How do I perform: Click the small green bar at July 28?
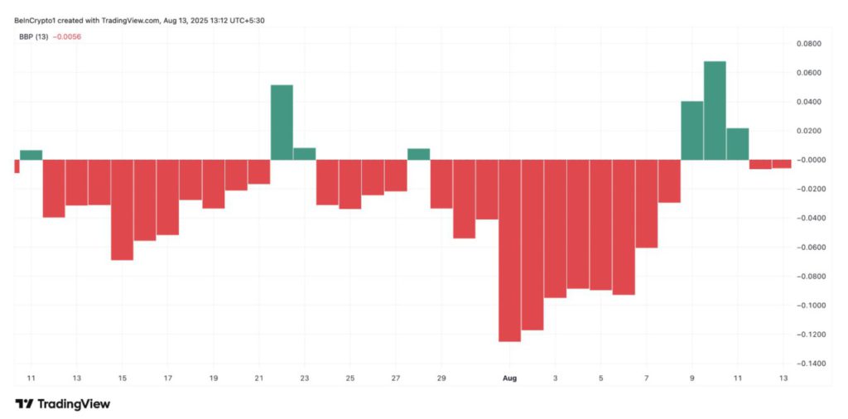(x=418, y=154)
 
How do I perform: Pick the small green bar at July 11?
(x=31, y=155)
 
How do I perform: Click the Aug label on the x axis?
(x=509, y=378)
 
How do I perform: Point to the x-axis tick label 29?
(x=441, y=378)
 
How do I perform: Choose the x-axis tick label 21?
(x=259, y=378)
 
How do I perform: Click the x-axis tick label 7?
(x=646, y=378)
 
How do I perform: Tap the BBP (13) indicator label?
(x=33, y=36)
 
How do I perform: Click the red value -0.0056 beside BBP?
(x=67, y=36)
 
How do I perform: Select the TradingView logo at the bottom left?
(x=63, y=404)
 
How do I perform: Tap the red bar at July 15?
(x=122, y=209)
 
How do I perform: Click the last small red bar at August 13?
(x=782, y=164)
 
